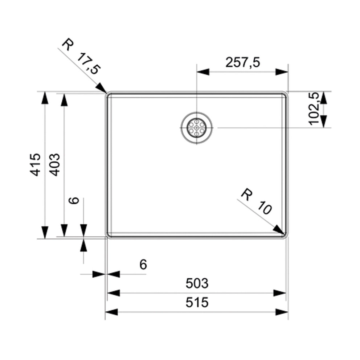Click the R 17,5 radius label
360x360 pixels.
[x=81, y=57]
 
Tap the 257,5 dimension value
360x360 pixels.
[x=242, y=63]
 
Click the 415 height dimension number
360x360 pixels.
[x=35, y=165]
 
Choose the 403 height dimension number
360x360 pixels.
[x=54, y=165]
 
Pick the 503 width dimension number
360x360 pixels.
[x=197, y=283]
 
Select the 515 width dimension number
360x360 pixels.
[x=197, y=302]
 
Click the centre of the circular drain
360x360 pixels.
[x=196, y=128]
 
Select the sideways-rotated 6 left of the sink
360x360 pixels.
[x=74, y=200]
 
